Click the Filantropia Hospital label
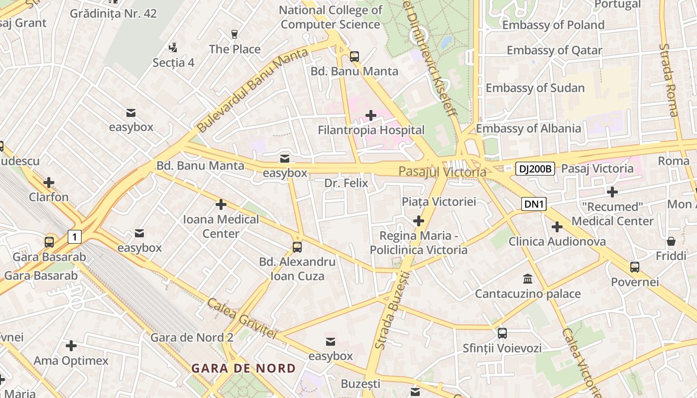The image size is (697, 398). coord(371,130)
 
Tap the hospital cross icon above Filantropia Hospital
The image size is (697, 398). coord(371,116)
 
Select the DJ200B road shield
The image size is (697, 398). coord(535,169)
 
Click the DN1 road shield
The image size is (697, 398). coord(534,203)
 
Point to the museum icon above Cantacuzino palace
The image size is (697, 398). coord(527,279)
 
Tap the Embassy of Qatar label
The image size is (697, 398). coord(554,50)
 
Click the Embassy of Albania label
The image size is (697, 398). coord(528,128)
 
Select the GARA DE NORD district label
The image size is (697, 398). coord(243,369)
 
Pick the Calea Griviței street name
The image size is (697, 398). coord(241,318)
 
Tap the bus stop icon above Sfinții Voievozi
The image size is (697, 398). coord(502,333)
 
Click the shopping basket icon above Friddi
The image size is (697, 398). coord(671,242)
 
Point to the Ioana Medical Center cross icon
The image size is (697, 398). coord(221,204)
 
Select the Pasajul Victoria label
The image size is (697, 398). coord(442,172)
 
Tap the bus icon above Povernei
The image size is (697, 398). coord(635,267)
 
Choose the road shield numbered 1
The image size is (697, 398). coord(74,236)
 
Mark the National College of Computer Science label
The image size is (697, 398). coord(330,17)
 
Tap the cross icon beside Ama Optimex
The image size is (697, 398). coord(71,346)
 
